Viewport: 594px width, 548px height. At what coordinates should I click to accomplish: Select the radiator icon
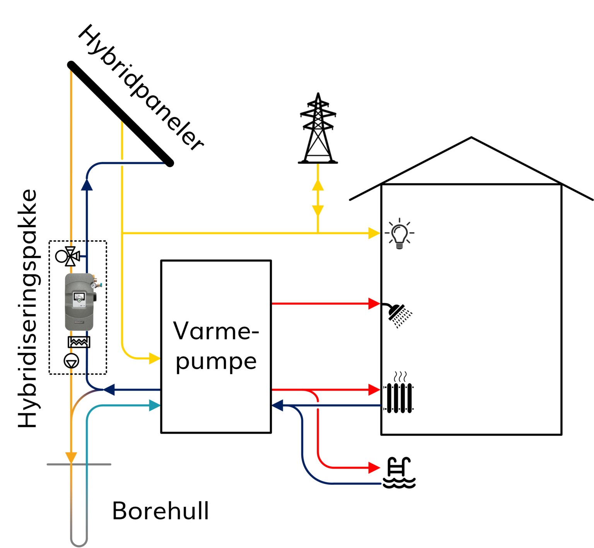[399, 397]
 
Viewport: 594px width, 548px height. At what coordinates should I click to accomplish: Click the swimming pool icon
[399, 473]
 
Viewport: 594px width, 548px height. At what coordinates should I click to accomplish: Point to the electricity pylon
[318, 129]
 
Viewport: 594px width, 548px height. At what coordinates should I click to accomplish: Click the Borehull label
[160, 511]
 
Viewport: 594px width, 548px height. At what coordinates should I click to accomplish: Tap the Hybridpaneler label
[141, 88]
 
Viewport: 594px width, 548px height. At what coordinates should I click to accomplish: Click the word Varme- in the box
[216, 331]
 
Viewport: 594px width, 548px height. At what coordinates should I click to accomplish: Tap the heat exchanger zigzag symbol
[79, 342]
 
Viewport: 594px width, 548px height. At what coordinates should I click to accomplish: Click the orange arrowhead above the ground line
[71, 458]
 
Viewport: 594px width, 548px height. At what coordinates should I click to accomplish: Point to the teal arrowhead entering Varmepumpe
[155, 405]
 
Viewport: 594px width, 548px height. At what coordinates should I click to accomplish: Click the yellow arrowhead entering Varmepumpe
[154, 358]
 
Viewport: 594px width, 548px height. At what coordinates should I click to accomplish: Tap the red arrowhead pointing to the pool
[374, 468]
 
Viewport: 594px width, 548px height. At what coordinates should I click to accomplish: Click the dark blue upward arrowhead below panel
[87, 185]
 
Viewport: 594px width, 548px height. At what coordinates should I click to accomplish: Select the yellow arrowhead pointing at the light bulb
[374, 233]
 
